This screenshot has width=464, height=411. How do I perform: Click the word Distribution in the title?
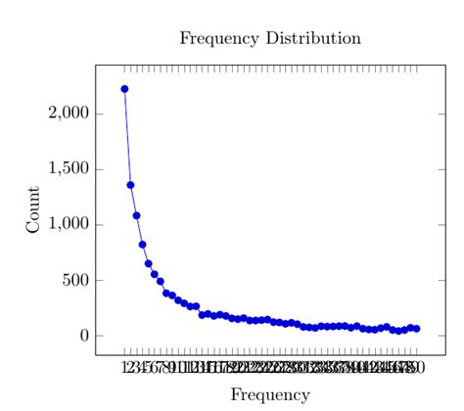pyautogui.click(x=314, y=39)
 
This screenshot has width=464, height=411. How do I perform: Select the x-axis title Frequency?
pyautogui.click(x=270, y=395)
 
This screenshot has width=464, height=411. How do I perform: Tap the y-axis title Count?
pyautogui.click(x=33, y=209)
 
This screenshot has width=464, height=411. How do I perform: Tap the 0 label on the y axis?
pyautogui.click(x=85, y=336)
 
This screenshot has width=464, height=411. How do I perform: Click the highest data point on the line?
pyautogui.click(x=124, y=89)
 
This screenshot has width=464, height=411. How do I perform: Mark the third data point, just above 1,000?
pyautogui.click(x=136, y=215)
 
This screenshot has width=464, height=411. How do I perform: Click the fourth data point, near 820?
pyautogui.click(x=142, y=245)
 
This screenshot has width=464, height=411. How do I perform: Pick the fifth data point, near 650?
pyautogui.click(x=148, y=263)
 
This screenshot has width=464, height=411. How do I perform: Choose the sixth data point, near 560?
pyautogui.click(x=154, y=274)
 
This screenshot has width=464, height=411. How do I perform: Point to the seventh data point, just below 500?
pyautogui.click(x=160, y=281)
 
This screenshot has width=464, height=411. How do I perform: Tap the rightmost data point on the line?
pyautogui.click(x=416, y=329)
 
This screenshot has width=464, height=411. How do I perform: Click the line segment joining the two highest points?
pyautogui.click(x=127, y=137)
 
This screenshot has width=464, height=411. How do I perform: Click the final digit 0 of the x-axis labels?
pyautogui.click(x=419, y=369)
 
